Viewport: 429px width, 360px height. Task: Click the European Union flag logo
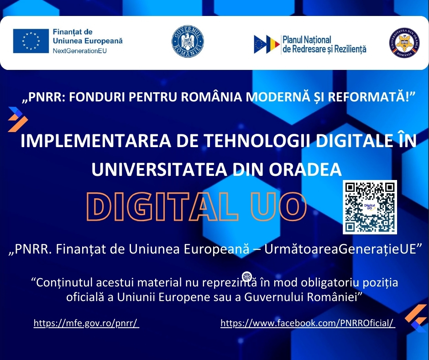click(x=31, y=41)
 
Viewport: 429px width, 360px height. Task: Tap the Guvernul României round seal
click(x=188, y=42)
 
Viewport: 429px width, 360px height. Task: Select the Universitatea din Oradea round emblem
click(x=404, y=42)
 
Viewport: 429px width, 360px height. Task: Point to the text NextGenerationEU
click(x=79, y=51)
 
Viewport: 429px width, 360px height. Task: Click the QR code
click(x=370, y=207)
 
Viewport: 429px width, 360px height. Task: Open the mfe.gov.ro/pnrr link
click(x=86, y=323)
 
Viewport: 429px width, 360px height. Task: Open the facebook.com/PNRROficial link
click(x=308, y=323)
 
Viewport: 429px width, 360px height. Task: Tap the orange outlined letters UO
click(x=278, y=206)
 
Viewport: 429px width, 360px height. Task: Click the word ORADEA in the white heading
click(x=305, y=169)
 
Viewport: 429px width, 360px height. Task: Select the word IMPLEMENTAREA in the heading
click(x=96, y=141)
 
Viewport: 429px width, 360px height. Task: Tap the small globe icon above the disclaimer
click(x=247, y=276)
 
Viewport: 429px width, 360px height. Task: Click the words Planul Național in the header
click(x=307, y=40)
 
